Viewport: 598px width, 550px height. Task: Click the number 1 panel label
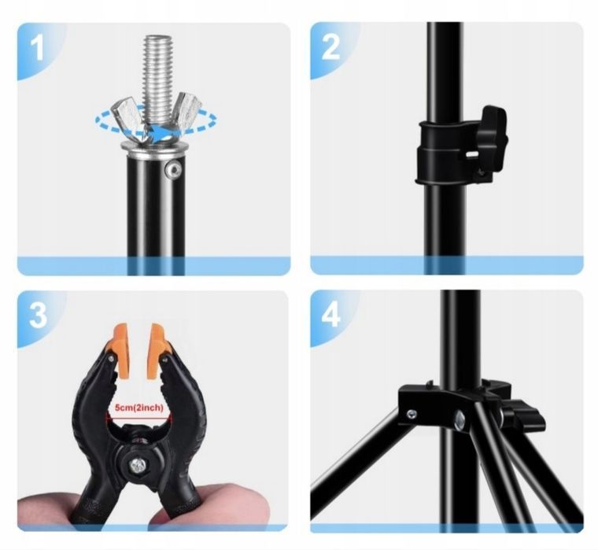point(37,49)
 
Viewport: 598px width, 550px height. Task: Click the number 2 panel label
point(330,47)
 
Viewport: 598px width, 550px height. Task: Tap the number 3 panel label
point(38,315)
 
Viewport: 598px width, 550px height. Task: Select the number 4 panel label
point(330,315)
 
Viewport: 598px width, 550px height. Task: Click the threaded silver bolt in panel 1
point(157,76)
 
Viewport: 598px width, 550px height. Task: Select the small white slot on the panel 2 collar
point(473,154)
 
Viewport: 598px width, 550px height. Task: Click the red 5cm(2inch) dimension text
point(139,408)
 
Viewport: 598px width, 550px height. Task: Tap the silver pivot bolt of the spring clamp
point(138,465)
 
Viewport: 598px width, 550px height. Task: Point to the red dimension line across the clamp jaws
point(139,418)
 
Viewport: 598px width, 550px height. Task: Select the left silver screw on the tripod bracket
point(411,414)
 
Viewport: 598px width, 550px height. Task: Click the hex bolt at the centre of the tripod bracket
point(460,419)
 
